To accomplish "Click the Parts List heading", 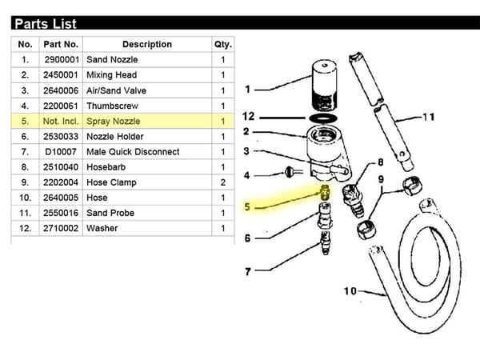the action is (x=46, y=24).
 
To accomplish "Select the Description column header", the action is (x=147, y=44).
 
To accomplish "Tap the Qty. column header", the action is (x=223, y=44).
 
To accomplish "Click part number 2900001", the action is (x=62, y=60).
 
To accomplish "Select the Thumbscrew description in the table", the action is (x=112, y=106).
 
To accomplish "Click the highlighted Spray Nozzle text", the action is (x=114, y=122).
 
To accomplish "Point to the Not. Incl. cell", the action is (x=61, y=122).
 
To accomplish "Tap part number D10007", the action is (x=61, y=152).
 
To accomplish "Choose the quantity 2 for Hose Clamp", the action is (x=223, y=182).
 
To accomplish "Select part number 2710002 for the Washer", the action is (x=61, y=228).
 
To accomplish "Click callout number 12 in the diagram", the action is (x=248, y=116).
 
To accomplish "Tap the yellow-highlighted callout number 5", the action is (x=247, y=207).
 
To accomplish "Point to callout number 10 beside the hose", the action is (x=350, y=291).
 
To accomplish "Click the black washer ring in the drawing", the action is (x=323, y=118).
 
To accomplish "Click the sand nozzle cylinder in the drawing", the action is (x=325, y=85).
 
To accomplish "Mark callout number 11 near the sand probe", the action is (x=429, y=117).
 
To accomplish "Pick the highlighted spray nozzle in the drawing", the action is (x=325, y=191).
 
